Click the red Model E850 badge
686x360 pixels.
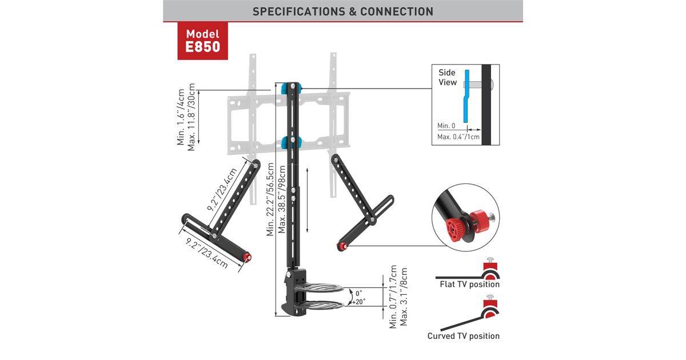pyautogui.click(x=202, y=41)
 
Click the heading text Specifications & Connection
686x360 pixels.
pyautogui.click(x=343, y=11)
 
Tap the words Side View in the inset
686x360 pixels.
pyautogui.click(x=448, y=78)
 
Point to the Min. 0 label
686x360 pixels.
pyautogui.click(x=446, y=126)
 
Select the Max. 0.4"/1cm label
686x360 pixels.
pyautogui.click(x=458, y=137)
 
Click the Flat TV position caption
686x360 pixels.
pyautogui.click(x=469, y=284)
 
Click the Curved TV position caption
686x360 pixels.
pyautogui.click(x=463, y=336)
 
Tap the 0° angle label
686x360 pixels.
pyautogui.click(x=358, y=293)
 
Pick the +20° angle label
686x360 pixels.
pyautogui.click(x=359, y=301)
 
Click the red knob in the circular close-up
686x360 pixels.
pyautogui.click(x=455, y=229)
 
